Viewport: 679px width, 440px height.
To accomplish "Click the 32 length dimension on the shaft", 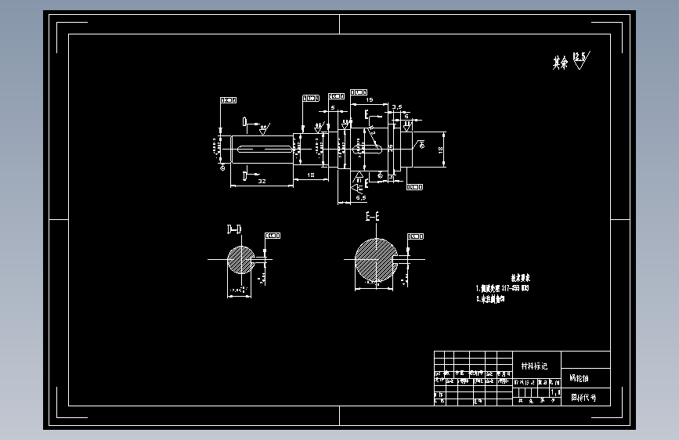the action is click(x=262, y=180).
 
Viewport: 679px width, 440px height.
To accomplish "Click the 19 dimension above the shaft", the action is click(x=370, y=100).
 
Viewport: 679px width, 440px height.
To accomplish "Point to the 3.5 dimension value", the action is click(x=397, y=106).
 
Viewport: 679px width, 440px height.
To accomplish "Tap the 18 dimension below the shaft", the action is click(x=311, y=175).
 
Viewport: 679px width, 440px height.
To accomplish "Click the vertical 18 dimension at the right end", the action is click(x=441, y=148).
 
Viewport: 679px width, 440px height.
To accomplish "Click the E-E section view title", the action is click(x=372, y=215).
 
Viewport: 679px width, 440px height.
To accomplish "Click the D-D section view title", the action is click(x=233, y=229).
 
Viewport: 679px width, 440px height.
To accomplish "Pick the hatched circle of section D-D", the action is click(x=240, y=259).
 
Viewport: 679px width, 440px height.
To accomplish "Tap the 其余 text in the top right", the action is click(x=559, y=63).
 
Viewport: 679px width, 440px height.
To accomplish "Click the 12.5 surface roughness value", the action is click(x=580, y=56).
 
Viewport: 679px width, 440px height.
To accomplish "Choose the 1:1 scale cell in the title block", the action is click(x=556, y=391).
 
